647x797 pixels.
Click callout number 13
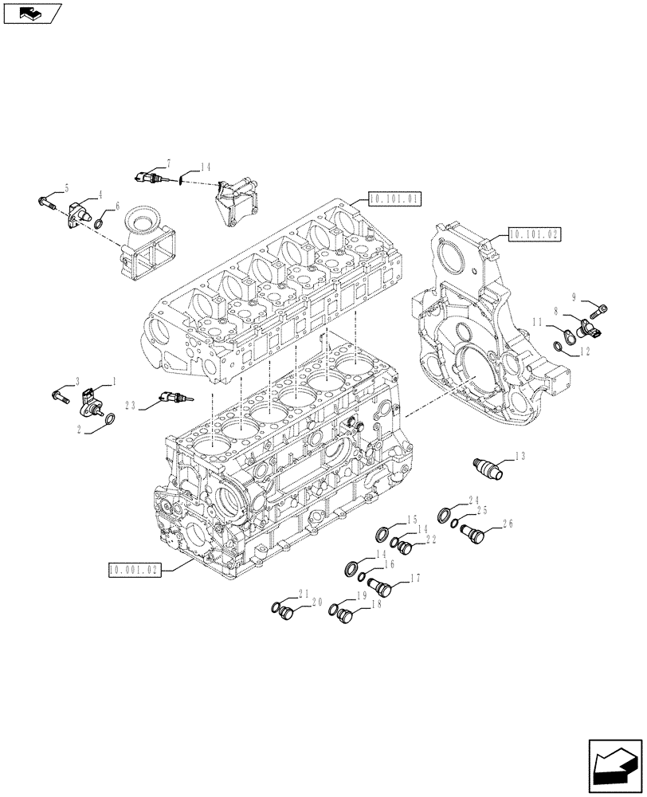(520, 457)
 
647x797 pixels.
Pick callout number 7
(169, 163)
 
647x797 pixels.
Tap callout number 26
(506, 524)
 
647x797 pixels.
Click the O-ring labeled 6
(99, 224)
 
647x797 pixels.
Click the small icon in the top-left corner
(32, 13)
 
